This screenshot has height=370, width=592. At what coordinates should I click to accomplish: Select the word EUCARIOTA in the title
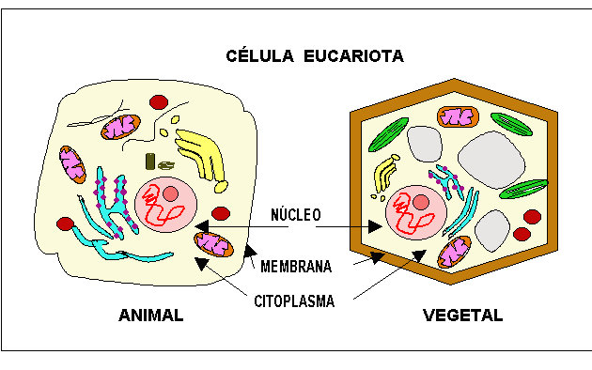point(352,56)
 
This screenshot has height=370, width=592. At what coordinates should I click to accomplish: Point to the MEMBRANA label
point(295,267)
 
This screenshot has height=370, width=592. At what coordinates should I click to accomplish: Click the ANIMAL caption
point(150,316)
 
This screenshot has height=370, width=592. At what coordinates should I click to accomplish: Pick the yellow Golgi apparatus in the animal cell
point(201,150)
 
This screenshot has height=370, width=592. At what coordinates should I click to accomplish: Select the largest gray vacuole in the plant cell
point(491,155)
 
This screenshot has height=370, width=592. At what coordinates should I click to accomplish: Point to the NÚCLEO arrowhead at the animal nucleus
point(201,226)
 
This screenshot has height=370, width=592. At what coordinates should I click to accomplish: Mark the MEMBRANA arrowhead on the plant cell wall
point(376,256)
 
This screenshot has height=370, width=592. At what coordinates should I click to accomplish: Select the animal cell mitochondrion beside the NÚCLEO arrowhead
point(213,243)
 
